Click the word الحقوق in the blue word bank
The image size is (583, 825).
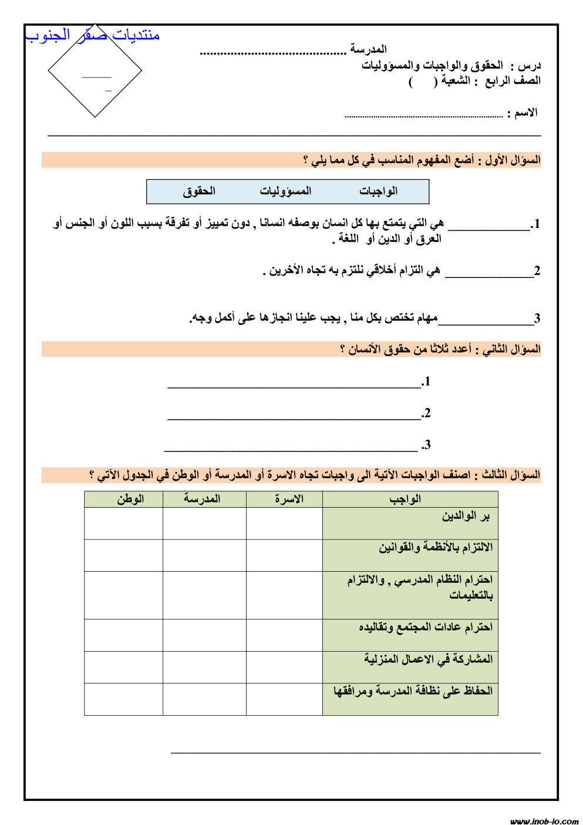coord(199,191)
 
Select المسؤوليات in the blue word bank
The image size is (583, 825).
coord(285,191)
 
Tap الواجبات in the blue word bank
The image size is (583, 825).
coord(378,191)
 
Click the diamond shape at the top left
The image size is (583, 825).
coord(95,71)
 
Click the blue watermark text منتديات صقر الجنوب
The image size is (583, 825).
coord(92,35)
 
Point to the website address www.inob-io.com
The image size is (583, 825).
coord(544,820)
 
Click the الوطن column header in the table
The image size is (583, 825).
coord(130,499)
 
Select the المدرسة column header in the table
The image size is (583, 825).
coord(202,499)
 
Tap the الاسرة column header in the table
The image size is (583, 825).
coord(289,499)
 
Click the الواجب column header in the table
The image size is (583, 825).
coord(405,499)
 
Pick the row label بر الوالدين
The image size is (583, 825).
coord(466,517)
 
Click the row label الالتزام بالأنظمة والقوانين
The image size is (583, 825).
coord(435,548)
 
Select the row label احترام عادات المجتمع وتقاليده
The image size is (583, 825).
coord(426,628)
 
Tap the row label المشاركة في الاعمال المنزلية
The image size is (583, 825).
coord(428,659)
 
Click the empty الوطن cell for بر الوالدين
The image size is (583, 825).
coord(123,524)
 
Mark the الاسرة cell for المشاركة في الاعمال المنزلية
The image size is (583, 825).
coord(284,667)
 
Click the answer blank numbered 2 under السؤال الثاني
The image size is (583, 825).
coord(294,414)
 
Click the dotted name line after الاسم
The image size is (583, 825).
coord(423,115)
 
